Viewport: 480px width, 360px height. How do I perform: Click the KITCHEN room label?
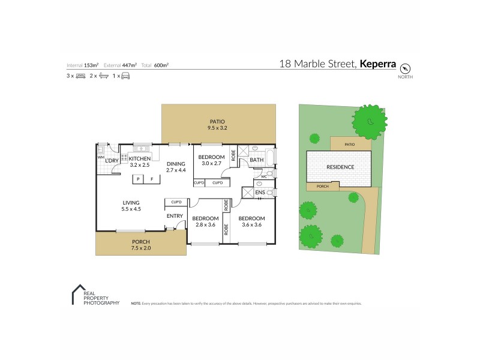(140, 158)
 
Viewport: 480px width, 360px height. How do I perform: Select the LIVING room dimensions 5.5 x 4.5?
(131, 209)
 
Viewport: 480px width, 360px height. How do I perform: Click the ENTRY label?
(175, 216)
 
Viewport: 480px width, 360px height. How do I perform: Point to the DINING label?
(176, 163)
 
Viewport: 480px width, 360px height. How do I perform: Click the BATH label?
(257, 160)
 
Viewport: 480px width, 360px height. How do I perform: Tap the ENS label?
(260, 192)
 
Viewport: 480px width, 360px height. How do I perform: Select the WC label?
(264, 176)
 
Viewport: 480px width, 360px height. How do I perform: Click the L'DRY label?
(112, 161)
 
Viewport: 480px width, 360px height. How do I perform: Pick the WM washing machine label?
(100, 158)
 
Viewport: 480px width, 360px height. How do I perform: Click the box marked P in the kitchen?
(138, 179)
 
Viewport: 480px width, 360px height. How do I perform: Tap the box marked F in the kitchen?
(152, 179)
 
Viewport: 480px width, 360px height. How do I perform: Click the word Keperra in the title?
(377, 63)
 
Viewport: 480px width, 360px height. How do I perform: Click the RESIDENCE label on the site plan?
(340, 167)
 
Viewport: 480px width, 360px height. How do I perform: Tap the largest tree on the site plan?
(370, 122)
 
